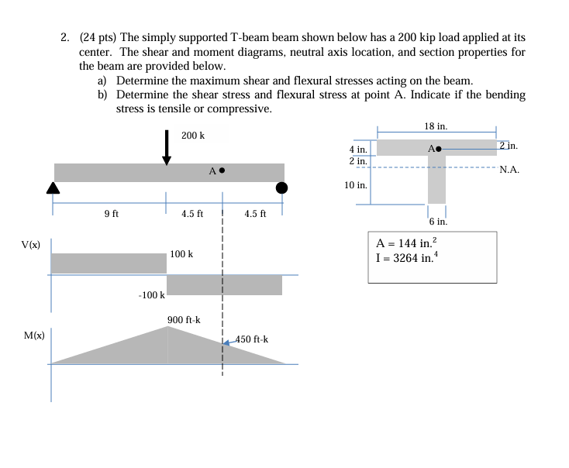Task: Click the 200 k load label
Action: (193, 136)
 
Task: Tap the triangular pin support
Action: (53, 187)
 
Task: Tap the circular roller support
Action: (281, 188)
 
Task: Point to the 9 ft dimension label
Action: (111, 214)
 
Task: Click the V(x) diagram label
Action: (31, 245)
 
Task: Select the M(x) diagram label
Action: (33, 336)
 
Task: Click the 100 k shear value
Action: (181, 254)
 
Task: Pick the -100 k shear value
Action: (152, 295)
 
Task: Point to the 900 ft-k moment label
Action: (184, 320)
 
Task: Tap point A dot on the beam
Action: (222, 170)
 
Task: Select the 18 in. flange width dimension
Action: (436, 126)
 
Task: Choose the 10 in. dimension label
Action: (356, 185)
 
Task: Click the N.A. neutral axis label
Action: (509, 169)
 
